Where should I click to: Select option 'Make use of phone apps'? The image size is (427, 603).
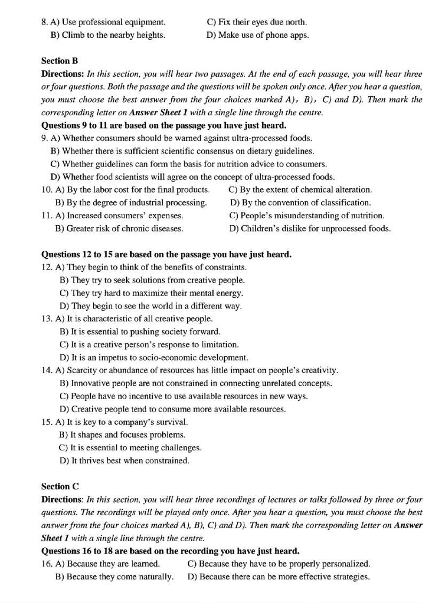[257, 35]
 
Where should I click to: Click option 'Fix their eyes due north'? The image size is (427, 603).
[256, 22]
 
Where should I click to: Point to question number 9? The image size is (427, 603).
[45, 138]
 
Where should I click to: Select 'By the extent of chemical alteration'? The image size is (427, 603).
[300, 190]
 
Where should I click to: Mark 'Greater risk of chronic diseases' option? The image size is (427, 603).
[120, 228]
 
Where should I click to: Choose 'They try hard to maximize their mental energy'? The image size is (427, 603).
[152, 293]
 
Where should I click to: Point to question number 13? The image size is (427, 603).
[46, 319]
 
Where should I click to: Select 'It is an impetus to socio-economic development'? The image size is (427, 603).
[154, 358]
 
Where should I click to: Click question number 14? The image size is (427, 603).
[46, 370]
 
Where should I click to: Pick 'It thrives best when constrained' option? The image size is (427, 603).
[125, 460]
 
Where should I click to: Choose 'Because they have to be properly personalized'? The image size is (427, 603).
[279, 564]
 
